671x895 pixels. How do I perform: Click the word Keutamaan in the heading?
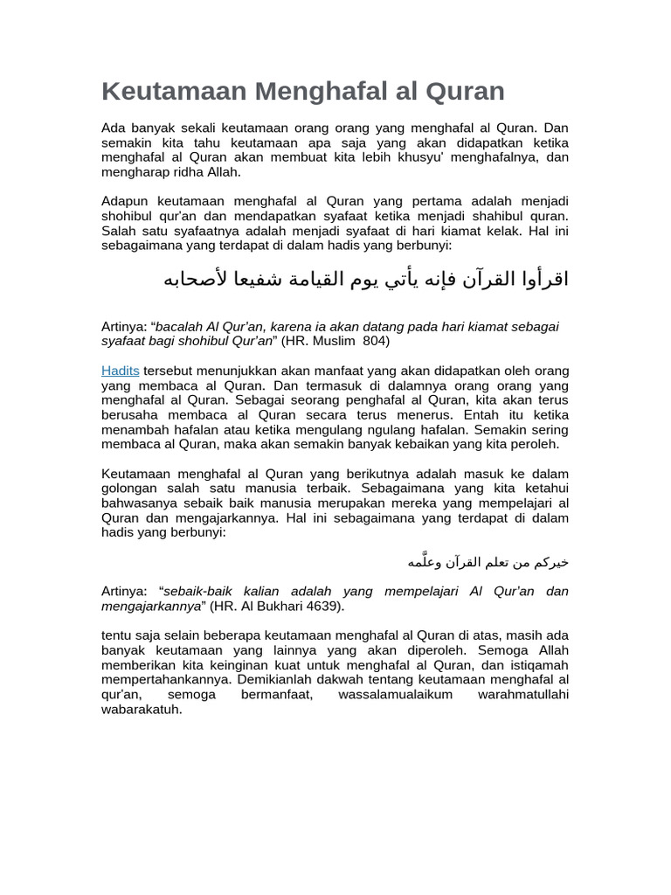click(174, 91)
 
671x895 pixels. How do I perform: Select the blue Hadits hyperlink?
click(121, 371)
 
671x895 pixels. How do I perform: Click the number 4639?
click(319, 606)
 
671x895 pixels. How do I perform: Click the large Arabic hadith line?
click(366, 279)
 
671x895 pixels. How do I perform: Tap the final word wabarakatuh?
click(142, 710)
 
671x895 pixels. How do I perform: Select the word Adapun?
click(125, 201)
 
